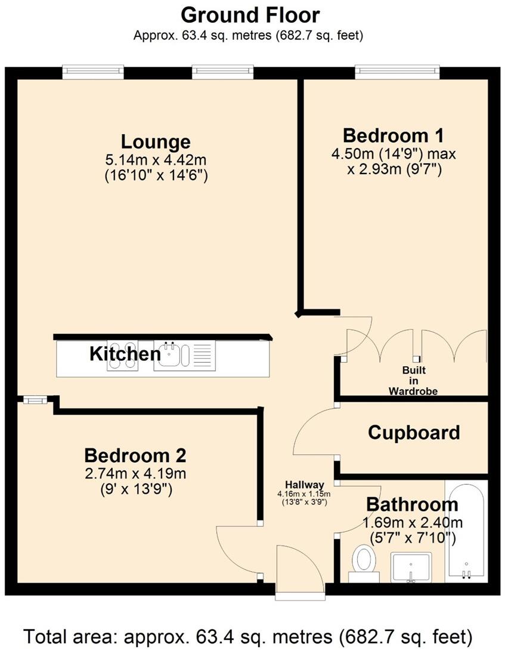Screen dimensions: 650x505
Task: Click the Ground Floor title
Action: [x=250, y=14]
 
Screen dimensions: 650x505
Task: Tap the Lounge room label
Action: [x=156, y=142]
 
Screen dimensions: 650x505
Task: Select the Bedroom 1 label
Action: [x=393, y=134]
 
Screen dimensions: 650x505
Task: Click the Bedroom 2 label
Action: [x=135, y=456]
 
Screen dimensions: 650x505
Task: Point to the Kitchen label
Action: [x=125, y=354]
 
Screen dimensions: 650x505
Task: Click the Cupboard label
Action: [x=414, y=432]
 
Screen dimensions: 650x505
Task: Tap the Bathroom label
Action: [x=412, y=504]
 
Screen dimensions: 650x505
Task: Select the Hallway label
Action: [x=304, y=484]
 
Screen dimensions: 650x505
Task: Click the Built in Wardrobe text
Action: [x=413, y=380]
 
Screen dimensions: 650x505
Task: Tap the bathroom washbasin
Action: [x=411, y=567]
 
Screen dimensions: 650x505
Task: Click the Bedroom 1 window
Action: [x=398, y=72]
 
